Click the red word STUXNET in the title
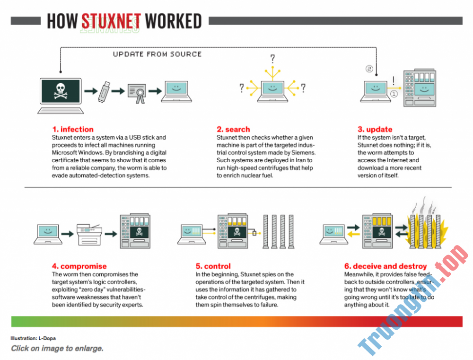111,21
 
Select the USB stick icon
105,91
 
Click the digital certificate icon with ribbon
139,91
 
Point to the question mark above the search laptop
272,59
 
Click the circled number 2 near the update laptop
369,70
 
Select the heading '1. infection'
73,129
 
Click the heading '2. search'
233,129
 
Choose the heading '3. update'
375,129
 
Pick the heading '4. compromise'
79,266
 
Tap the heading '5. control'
213,266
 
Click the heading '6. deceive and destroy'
385,266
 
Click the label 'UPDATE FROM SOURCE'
157,54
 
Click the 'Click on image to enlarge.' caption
57,349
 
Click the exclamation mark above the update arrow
394,81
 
